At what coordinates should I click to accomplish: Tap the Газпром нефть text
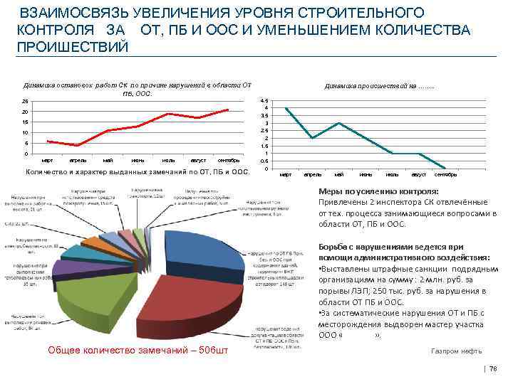point(457,351)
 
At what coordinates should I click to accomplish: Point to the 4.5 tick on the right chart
point(264,100)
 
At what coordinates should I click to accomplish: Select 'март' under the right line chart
point(286,174)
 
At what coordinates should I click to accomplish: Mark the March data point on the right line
point(286,108)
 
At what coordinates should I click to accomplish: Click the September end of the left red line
point(228,110)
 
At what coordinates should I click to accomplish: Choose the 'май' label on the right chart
point(338,174)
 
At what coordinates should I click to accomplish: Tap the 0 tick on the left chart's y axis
point(26,154)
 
